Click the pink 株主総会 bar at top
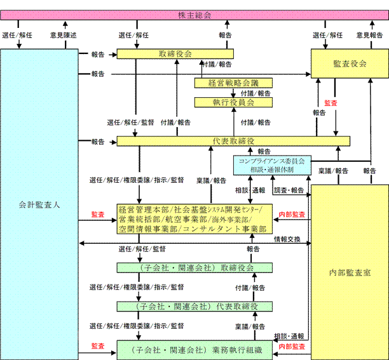click(x=194, y=15)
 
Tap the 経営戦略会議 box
click(x=233, y=83)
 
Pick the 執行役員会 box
click(x=233, y=102)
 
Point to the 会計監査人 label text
click(x=39, y=205)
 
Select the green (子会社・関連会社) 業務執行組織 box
click(x=194, y=350)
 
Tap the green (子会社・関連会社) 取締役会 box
click(x=194, y=268)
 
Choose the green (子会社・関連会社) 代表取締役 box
click(x=194, y=307)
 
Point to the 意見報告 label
click(x=369, y=36)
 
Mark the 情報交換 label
click(x=287, y=239)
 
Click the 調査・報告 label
click(x=289, y=190)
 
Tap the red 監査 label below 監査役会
click(x=331, y=102)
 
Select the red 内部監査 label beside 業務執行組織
click(x=292, y=347)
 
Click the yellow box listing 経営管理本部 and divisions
click(x=194, y=218)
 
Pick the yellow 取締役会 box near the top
click(x=175, y=54)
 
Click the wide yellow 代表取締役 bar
click(x=233, y=141)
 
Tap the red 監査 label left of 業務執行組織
click(x=98, y=346)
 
